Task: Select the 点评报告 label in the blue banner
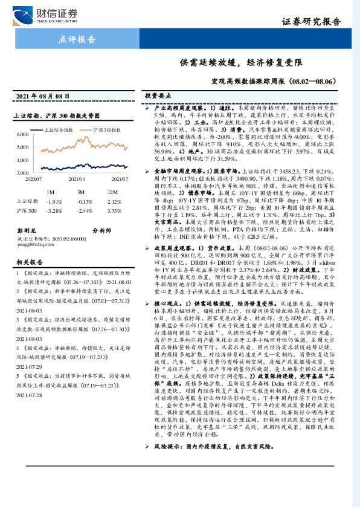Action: click(x=77, y=40)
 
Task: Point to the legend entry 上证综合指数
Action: click(x=62, y=130)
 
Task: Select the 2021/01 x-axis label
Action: click(x=77, y=179)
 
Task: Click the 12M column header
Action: click(x=113, y=192)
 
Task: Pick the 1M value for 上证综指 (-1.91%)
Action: click(x=54, y=201)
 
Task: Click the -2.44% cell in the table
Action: click(x=84, y=210)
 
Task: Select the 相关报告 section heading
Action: click(x=28, y=262)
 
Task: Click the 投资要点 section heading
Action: click(x=158, y=96)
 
